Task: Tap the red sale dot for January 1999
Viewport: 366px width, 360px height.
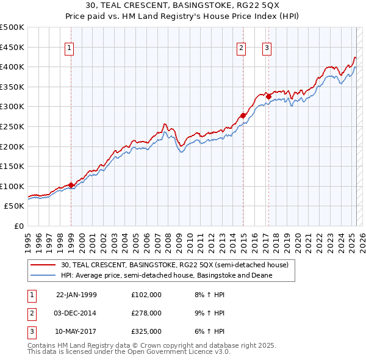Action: (71, 185)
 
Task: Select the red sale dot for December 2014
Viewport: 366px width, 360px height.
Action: (243, 115)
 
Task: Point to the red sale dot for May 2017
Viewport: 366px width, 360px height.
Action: (268, 96)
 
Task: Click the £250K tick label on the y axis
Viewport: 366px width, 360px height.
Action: (12, 126)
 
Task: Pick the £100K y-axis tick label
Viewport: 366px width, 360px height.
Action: (12, 186)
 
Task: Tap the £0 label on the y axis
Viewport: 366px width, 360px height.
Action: (18, 226)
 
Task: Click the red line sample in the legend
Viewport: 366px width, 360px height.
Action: (43, 265)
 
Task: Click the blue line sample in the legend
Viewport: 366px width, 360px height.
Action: (43, 275)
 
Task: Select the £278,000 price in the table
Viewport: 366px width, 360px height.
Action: (146, 313)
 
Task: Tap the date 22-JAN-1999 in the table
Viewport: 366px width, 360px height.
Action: (76, 295)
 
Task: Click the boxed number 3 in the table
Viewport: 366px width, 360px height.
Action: (31, 331)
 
